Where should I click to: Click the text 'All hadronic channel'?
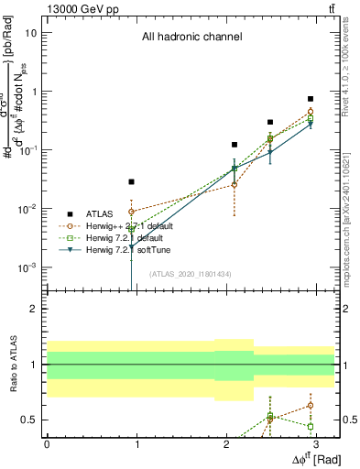pyautogui.click(x=191, y=38)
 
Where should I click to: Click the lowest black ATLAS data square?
pyautogui.click(x=132, y=182)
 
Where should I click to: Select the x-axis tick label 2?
pyautogui.click(x=226, y=443)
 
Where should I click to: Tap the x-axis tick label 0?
pyautogui.click(x=47, y=443)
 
